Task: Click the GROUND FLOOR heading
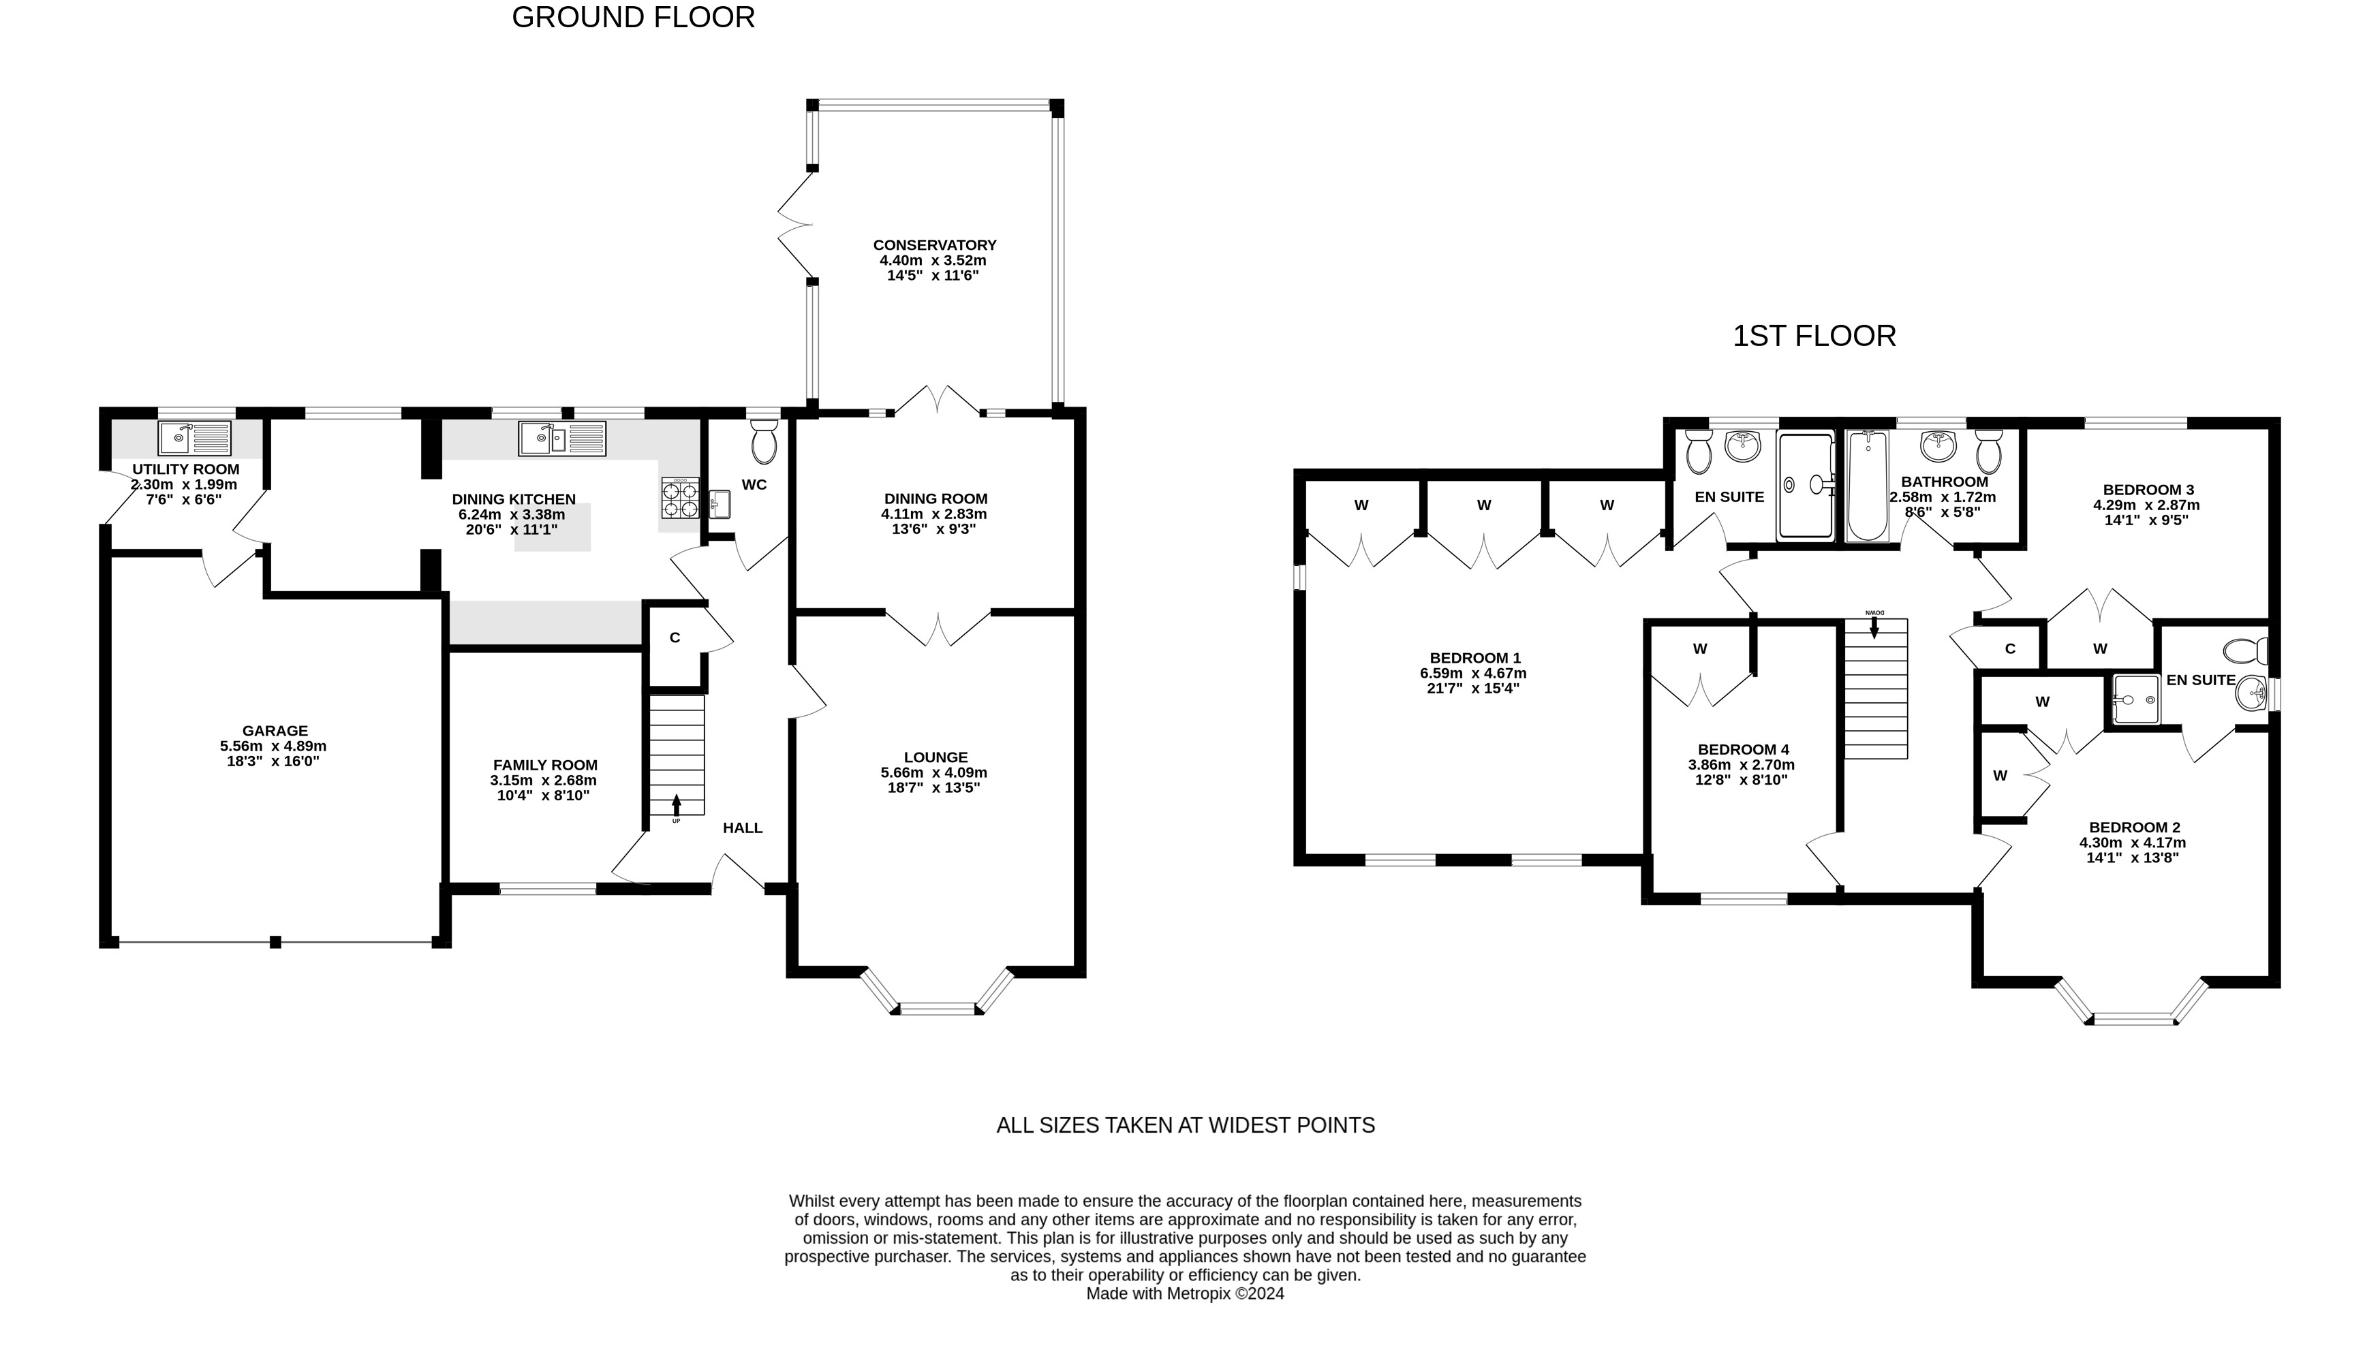click(x=633, y=18)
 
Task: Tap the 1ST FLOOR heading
click(x=1814, y=336)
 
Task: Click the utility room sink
click(x=195, y=438)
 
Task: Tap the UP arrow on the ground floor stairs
click(x=676, y=806)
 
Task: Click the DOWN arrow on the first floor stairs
click(x=1874, y=627)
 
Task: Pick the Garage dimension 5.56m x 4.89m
click(x=274, y=746)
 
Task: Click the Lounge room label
click(x=936, y=757)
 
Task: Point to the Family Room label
click(x=545, y=766)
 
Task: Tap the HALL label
click(x=743, y=828)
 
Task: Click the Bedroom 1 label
click(x=1474, y=658)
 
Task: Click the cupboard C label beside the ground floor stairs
click(x=675, y=638)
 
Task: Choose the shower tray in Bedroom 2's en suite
click(x=2135, y=699)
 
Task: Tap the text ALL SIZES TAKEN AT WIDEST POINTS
click(x=1185, y=1125)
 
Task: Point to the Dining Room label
click(x=936, y=499)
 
